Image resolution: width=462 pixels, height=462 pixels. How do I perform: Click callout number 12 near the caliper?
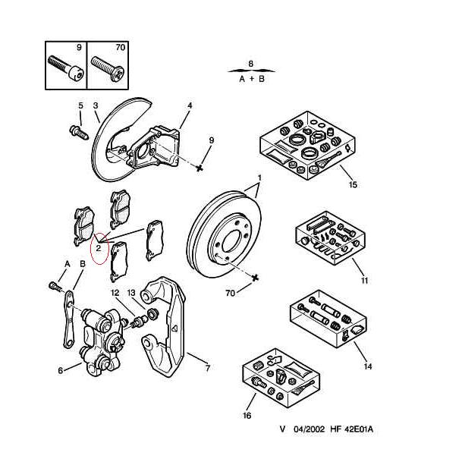pos(115,293)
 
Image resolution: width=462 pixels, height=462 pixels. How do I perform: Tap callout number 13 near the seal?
pos(131,293)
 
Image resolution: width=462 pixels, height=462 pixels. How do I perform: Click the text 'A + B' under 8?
pos(251,78)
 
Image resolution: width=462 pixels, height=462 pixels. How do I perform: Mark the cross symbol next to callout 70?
pos(256,278)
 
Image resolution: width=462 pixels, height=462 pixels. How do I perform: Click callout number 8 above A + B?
pos(251,64)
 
